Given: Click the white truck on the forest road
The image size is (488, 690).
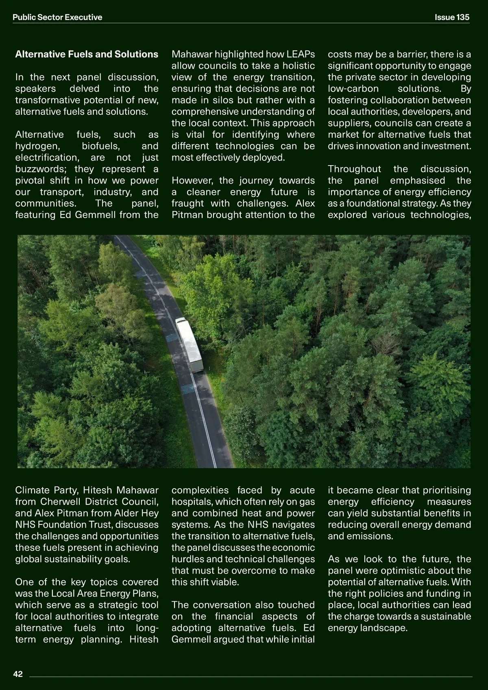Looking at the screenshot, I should click(x=190, y=344).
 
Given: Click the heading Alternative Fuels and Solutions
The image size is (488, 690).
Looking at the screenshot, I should click(x=87, y=54).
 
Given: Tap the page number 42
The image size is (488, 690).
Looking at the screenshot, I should click(x=18, y=674).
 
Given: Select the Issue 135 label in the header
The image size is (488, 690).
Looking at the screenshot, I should click(x=452, y=17).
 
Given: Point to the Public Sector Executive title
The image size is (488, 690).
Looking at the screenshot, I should click(x=57, y=17).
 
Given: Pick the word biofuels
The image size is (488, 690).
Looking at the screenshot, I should click(x=100, y=146).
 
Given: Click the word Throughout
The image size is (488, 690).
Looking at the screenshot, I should click(x=354, y=169).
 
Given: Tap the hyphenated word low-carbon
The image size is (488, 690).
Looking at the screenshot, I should click(x=353, y=89).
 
